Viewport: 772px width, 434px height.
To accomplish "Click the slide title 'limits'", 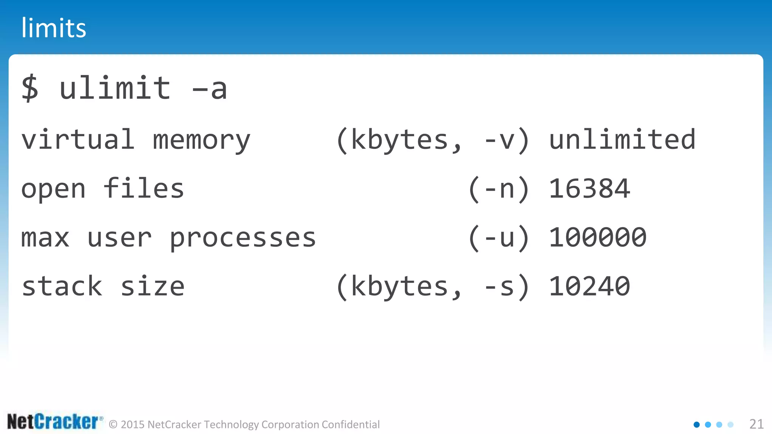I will click(x=54, y=28).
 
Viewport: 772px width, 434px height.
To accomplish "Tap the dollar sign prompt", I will click(x=30, y=89).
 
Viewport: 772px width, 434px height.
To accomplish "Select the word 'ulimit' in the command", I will click(x=115, y=89).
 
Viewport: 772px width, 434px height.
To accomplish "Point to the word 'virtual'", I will click(x=78, y=139).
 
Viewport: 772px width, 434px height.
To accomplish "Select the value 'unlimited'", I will click(x=622, y=139).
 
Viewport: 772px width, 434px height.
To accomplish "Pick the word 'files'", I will click(x=144, y=188).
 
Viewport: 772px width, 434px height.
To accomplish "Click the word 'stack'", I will click(x=62, y=286).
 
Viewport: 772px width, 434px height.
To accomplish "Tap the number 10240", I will click(x=589, y=286).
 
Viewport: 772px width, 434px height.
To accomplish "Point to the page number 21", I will click(x=756, y=424).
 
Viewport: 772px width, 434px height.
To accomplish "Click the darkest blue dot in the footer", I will click(x=697, y=425).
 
